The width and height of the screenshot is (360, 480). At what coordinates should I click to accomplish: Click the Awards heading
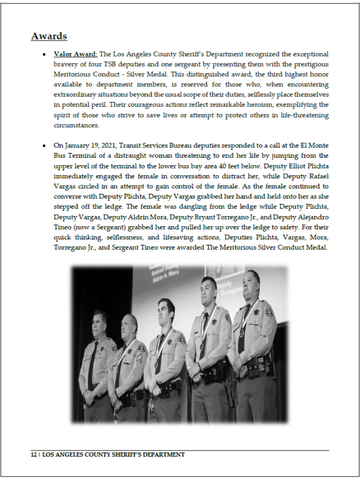pyautogui.click(x=49, y=37)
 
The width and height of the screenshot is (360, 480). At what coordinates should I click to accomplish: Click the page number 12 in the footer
pyautogui.click(x=34, y=455)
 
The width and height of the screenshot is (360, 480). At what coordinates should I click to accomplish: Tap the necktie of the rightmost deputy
pyautogui.click(x=242, y=328)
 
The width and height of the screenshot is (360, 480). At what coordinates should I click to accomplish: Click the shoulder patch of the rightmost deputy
pyautogui.click(x=269, y=313)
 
